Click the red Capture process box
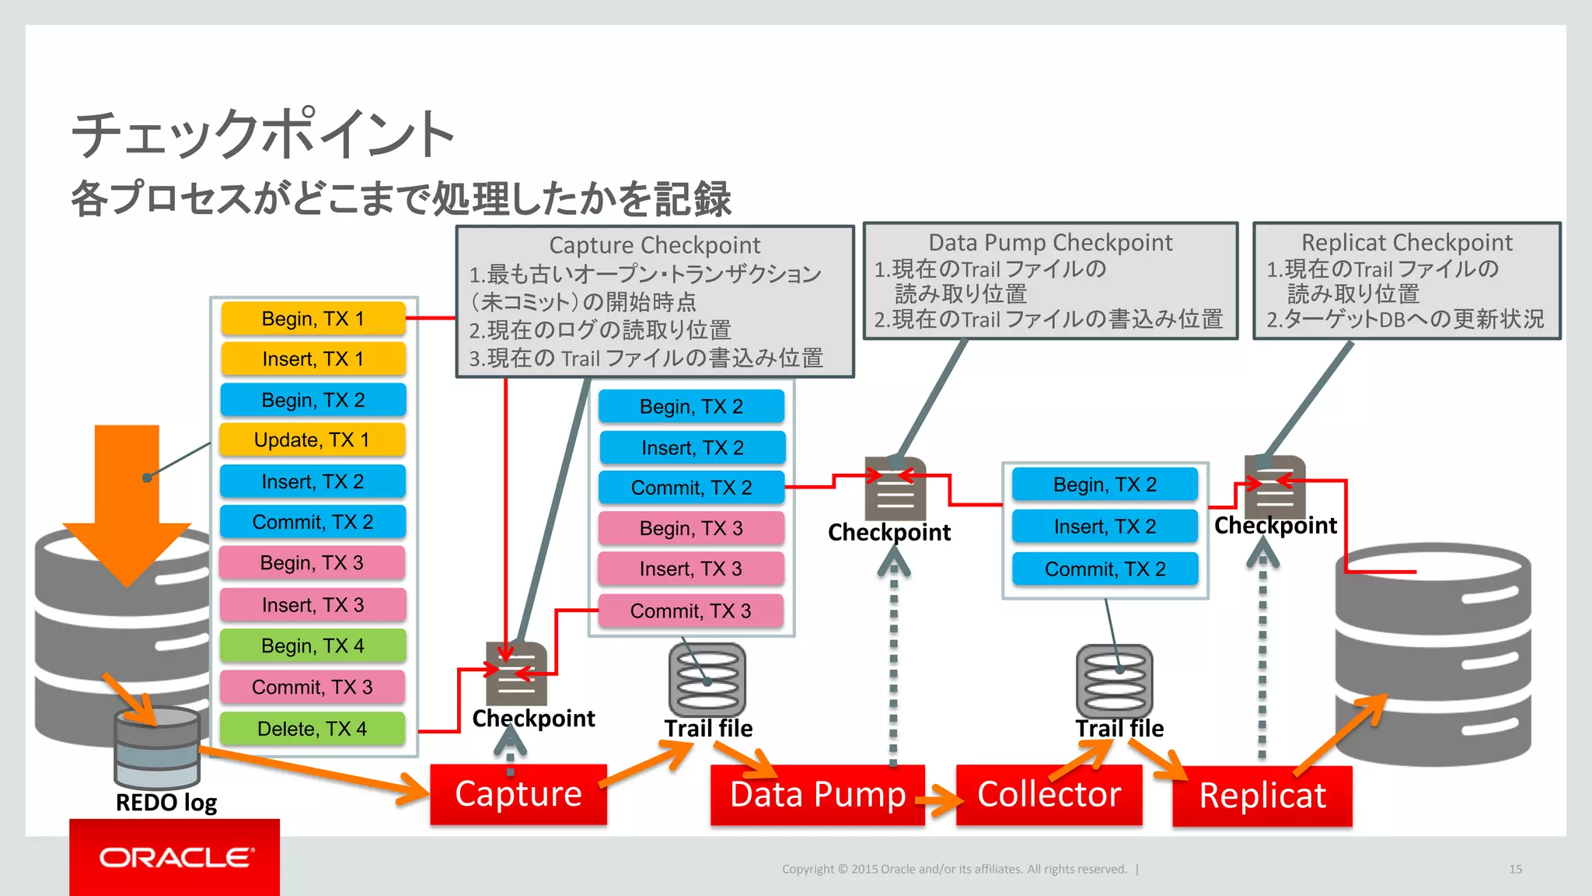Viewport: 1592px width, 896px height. [x=518, y=794]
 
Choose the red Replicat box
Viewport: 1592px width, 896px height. [x=1262, y=796]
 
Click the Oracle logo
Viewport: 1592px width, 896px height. [x=175, y=857]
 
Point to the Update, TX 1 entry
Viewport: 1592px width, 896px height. [x=312, y=440]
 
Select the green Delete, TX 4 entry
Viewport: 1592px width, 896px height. [x=312, y=729]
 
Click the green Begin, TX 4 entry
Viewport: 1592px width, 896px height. [x=312, y=646]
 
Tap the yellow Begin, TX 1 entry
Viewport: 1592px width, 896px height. [x=312, y=319]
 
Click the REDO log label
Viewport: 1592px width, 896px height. [x=166, y=803]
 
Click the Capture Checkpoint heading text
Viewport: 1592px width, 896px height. [x=655, y=245]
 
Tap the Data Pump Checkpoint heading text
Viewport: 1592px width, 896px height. [x=1050, y=243]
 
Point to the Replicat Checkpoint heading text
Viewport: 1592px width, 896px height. [x=1407, y=243]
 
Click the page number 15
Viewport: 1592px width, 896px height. [x=1515, y=869]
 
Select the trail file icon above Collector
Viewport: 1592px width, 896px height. [x=1114, y=681]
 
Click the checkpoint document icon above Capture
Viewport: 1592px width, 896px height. [x=516, y=674]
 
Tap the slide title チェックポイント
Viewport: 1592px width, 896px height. [x=263, y=134]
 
